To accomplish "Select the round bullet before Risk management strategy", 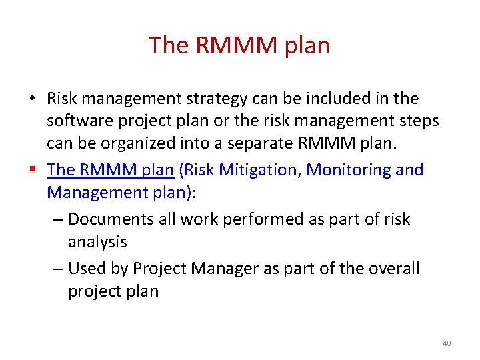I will tap(33, 99).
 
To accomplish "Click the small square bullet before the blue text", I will tap(33, 170).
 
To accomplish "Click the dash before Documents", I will tap(58, 219).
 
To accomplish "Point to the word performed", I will tap(241, 219).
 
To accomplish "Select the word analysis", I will tap(97, 242).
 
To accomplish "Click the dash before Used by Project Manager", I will tap(58, 269).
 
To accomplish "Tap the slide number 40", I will tap(446, 343).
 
